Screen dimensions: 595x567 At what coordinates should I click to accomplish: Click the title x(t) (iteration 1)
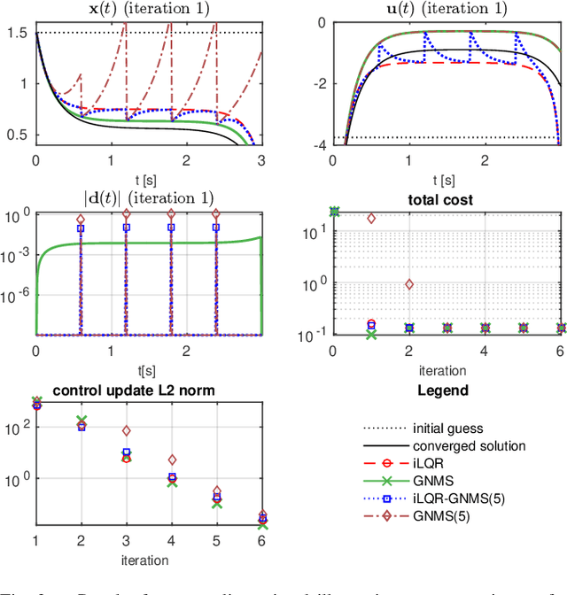148,10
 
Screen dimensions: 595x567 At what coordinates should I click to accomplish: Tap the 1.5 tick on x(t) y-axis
19,33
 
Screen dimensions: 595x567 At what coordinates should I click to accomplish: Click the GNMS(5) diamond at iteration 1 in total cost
371,218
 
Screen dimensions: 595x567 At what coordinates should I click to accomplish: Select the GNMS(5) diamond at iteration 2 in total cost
408,284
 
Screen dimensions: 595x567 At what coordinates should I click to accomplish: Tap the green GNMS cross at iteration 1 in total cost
370,334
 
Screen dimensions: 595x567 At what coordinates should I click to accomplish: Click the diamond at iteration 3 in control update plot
127,431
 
